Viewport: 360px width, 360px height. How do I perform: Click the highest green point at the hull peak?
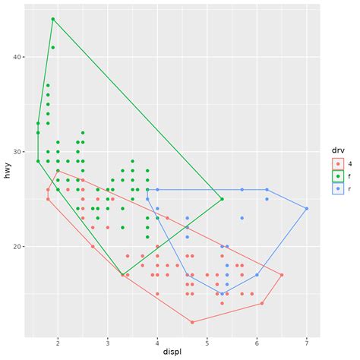(x=52, y=19)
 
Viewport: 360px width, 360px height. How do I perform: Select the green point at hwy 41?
(x=52, y=47)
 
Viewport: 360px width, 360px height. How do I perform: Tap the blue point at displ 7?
(x=307, y=208)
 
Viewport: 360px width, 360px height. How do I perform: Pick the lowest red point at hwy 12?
(x=192, y=322)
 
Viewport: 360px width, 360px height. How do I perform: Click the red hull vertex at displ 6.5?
(x=282, y=275)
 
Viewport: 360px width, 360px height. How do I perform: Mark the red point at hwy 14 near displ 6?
(x=262, y=303)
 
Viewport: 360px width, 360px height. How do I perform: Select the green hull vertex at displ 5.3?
(x=222, y=199)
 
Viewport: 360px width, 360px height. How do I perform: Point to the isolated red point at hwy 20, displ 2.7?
(x=93, y=246)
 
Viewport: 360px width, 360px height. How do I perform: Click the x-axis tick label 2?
(x=58, y=341)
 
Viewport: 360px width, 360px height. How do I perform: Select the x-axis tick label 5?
(x=207, y=341)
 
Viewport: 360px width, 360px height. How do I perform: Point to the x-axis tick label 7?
(x=307, y=341)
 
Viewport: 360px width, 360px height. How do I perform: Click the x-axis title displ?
(x=172, y=352)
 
